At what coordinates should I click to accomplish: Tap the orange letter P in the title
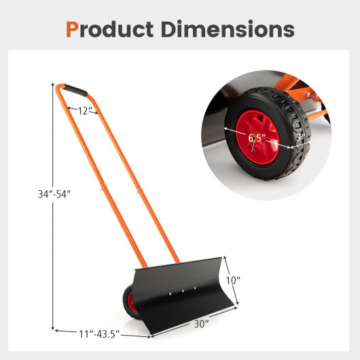tap(73, 29)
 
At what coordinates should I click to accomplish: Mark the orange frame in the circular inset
tap(299, 102)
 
